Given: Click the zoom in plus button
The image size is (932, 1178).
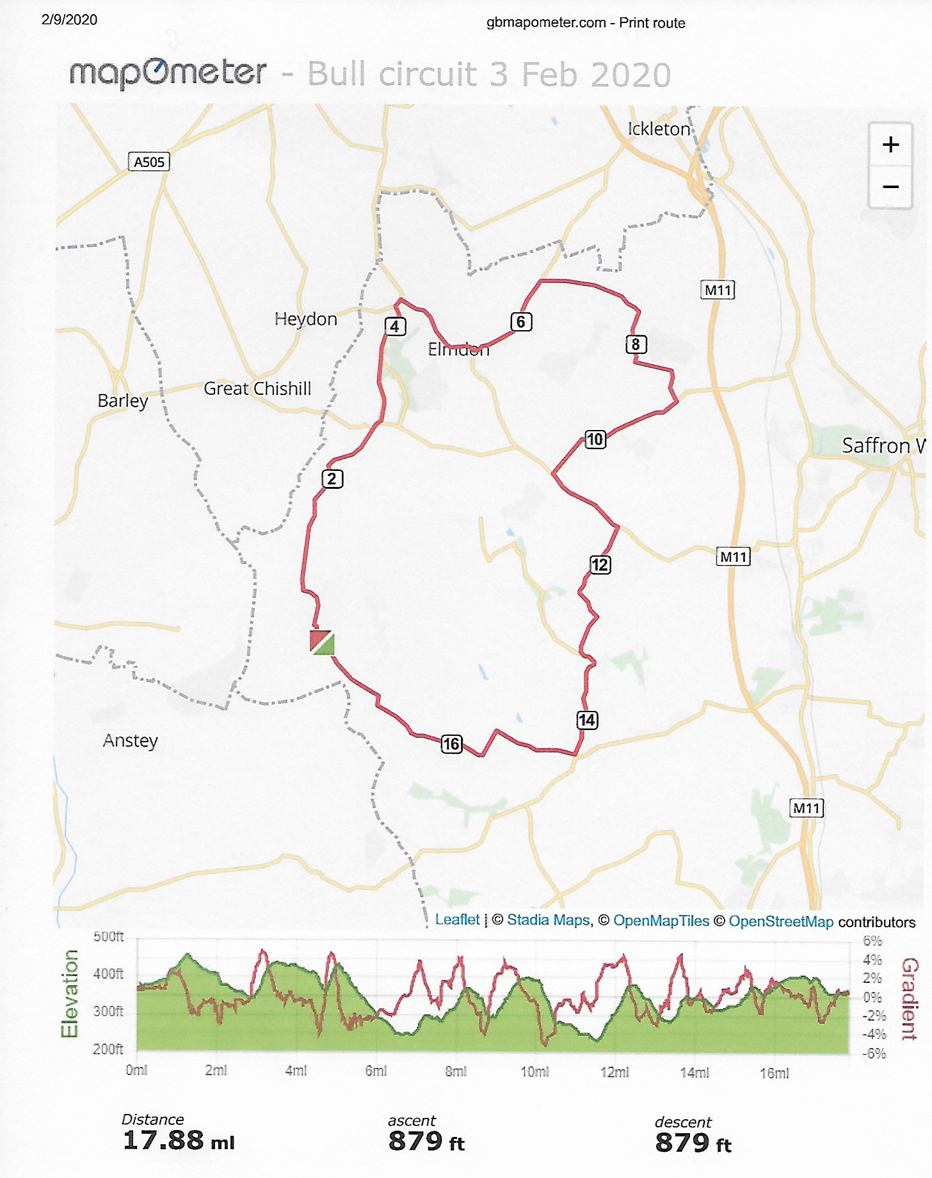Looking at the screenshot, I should click(x=890, y=145).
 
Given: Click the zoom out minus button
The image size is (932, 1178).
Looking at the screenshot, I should click(x=890, y=187).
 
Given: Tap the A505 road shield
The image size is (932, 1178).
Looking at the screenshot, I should click(x=149, y=162).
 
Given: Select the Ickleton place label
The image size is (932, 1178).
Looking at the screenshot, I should click(x=659, y=129).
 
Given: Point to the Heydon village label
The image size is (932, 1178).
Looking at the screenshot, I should click(x=305, y=319).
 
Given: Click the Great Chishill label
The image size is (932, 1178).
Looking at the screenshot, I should click(x=257, y=388).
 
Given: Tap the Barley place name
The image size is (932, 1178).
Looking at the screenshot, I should click(x=123, y=401).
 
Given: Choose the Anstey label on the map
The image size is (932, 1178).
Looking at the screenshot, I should click(x=131, y=740).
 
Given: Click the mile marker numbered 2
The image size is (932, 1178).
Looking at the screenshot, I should click(x=332, y=479).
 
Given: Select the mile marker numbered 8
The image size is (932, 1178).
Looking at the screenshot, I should click(x=636, y=344).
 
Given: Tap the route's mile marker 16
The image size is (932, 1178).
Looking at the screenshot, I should click(x=451, y=744).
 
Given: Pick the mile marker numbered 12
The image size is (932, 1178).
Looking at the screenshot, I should click(x=600, y=564).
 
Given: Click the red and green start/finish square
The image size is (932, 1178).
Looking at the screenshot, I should click(x=322, y=642).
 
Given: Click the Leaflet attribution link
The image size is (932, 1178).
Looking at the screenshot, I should click(x=457, y=919).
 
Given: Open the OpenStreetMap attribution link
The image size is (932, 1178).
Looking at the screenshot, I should click(x=780, y=921).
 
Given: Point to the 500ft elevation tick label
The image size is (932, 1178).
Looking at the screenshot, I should click(x=108, y=937).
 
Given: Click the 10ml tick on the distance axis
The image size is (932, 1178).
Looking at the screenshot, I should click(x=534, y=1072).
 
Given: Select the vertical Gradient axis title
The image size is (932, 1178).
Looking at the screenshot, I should click(x=910, y=998).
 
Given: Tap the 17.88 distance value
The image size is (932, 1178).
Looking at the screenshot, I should click(x=163, y=1140).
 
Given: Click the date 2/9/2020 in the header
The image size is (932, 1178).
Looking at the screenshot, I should click(x=69, y=20).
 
